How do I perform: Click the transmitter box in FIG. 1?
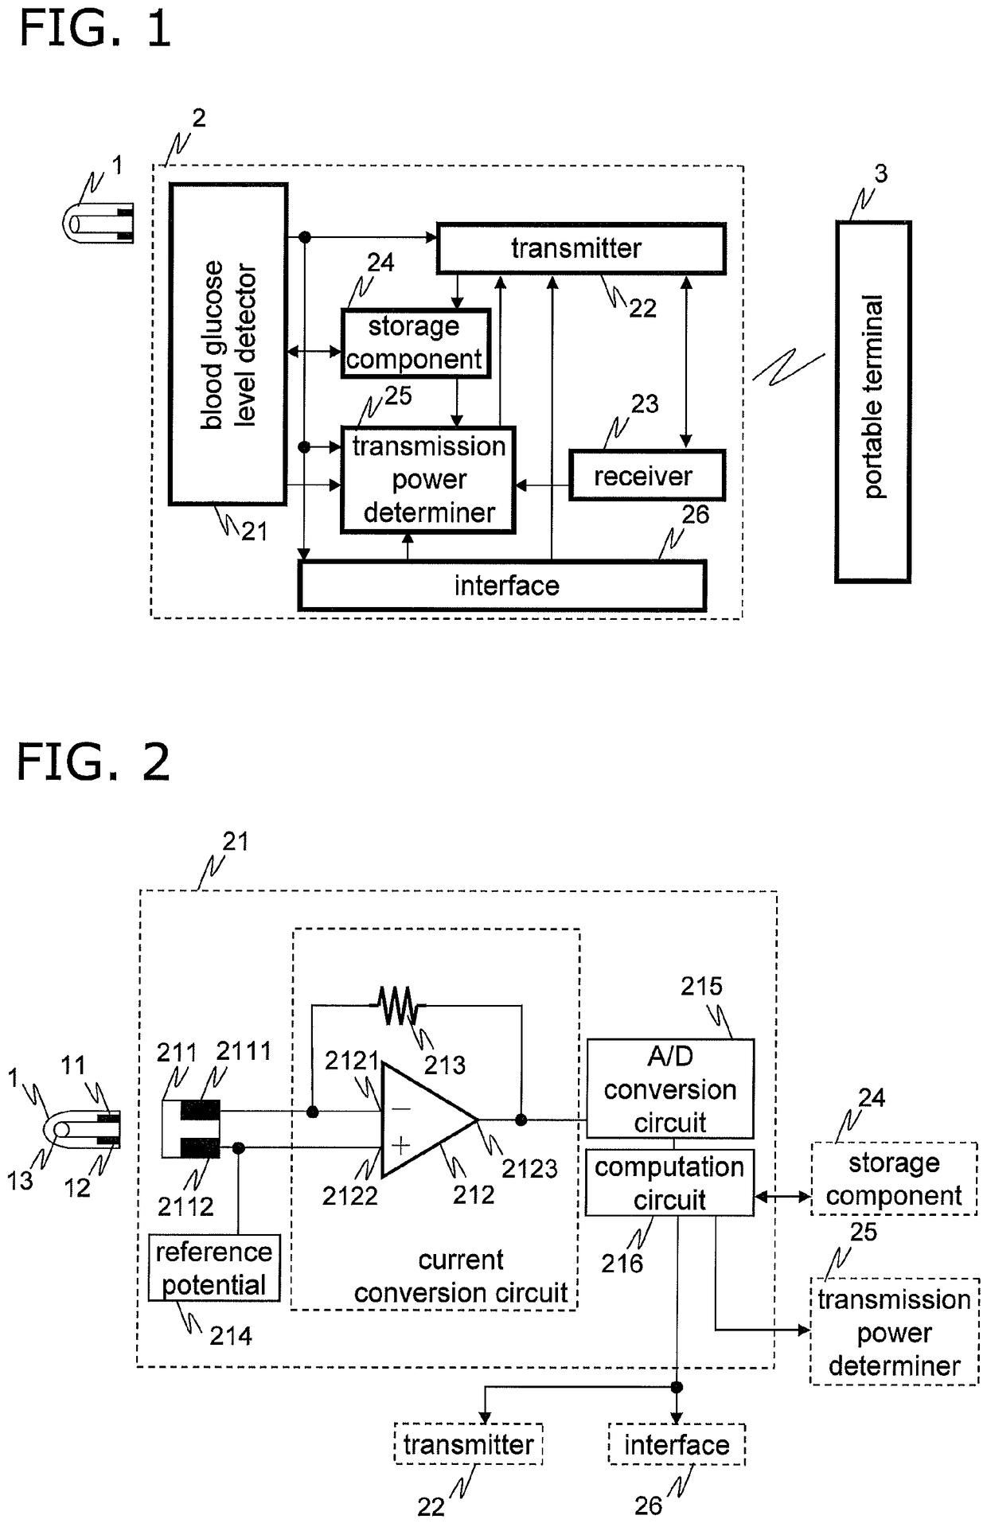[581, 248]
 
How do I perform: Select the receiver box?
[646, 475]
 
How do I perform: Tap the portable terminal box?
[872, 402]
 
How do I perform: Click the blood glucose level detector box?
[228, 344]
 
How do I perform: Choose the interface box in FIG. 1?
[502, 586]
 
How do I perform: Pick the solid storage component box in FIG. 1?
[415, 343]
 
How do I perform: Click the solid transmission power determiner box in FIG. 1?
[428, 479]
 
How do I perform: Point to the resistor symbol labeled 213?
[397, 1006]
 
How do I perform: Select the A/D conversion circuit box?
[670, 1089]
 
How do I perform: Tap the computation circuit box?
[669, 1182]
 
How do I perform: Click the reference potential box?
[214, 1268]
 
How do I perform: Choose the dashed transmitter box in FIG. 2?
[469, 1444]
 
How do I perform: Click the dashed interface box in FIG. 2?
[677, 1444]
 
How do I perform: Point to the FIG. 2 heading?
[93, 761]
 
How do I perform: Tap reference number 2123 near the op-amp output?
[529, 1168]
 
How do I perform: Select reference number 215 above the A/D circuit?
[701, 986]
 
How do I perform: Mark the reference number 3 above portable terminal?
[880, 173]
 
